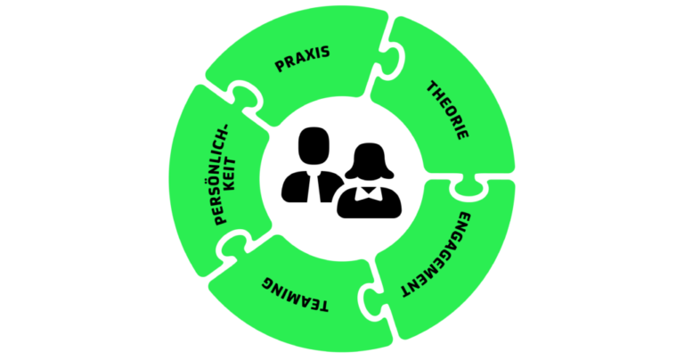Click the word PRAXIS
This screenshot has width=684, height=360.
coord(302,59)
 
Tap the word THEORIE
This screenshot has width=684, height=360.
coord(447,110)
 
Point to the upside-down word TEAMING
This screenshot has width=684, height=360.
coord(295,296)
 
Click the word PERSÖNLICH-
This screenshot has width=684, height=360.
coord(222,175)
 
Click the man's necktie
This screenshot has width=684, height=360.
coord(314,187)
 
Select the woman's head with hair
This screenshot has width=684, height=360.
coord(369,161)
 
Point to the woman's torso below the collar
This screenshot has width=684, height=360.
coord(369,208)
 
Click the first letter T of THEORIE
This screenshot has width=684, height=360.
coord(432,86)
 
